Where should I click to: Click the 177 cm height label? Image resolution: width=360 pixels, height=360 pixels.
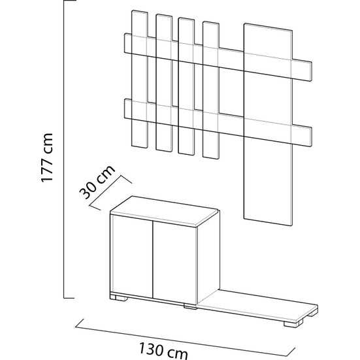(47, 157)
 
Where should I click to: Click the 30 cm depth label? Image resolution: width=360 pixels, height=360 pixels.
(97, 182)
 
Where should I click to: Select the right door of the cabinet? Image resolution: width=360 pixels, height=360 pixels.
(175, 263)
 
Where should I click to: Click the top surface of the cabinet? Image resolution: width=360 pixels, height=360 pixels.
(164, 211)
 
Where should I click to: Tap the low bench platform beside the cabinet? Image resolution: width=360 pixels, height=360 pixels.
(257, 305)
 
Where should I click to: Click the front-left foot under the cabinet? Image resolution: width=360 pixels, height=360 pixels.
(118, 297)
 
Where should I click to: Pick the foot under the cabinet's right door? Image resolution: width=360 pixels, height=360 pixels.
(190, 306)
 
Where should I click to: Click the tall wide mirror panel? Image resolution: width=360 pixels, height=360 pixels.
(268, 124)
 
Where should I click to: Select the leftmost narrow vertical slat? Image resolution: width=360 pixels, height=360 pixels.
(140, 79)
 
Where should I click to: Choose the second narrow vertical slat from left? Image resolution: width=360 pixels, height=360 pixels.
(164, 83)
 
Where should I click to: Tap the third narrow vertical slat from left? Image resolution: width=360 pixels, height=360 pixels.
(186, 86)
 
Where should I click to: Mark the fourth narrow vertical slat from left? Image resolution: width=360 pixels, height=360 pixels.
(211, 90)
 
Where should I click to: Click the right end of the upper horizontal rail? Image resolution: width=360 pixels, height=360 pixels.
(311, 71)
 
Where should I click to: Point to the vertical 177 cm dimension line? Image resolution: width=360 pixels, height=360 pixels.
(64, 149)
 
